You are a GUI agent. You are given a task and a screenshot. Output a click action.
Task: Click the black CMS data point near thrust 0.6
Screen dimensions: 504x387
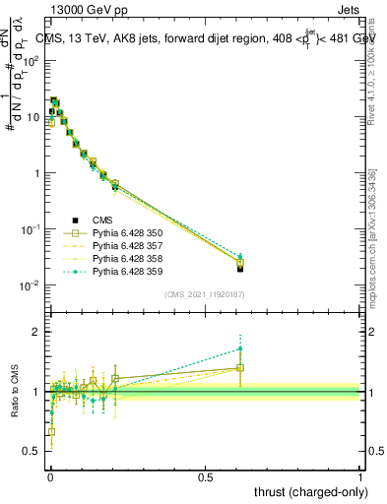coord(240,268)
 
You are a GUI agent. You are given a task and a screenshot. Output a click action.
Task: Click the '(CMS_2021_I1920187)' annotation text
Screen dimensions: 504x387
coord(205,293)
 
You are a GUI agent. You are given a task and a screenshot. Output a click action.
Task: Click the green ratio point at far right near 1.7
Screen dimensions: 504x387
coord(240,347)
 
